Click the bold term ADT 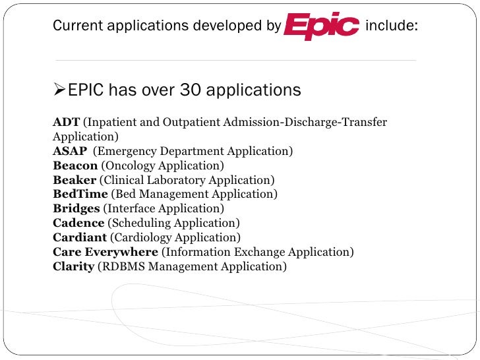pos(66,123)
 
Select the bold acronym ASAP pos(70,152)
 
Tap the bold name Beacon pos(75,166)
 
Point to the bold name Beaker pos(75,180)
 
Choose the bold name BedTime pos(80,195)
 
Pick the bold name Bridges pos(76,209)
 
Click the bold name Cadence pos(78,224)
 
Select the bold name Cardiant pos(80,238)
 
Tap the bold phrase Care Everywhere pos(105,253)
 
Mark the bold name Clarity pos(73,267)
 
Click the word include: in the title pos(391,26)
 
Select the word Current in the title pos(75,26)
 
